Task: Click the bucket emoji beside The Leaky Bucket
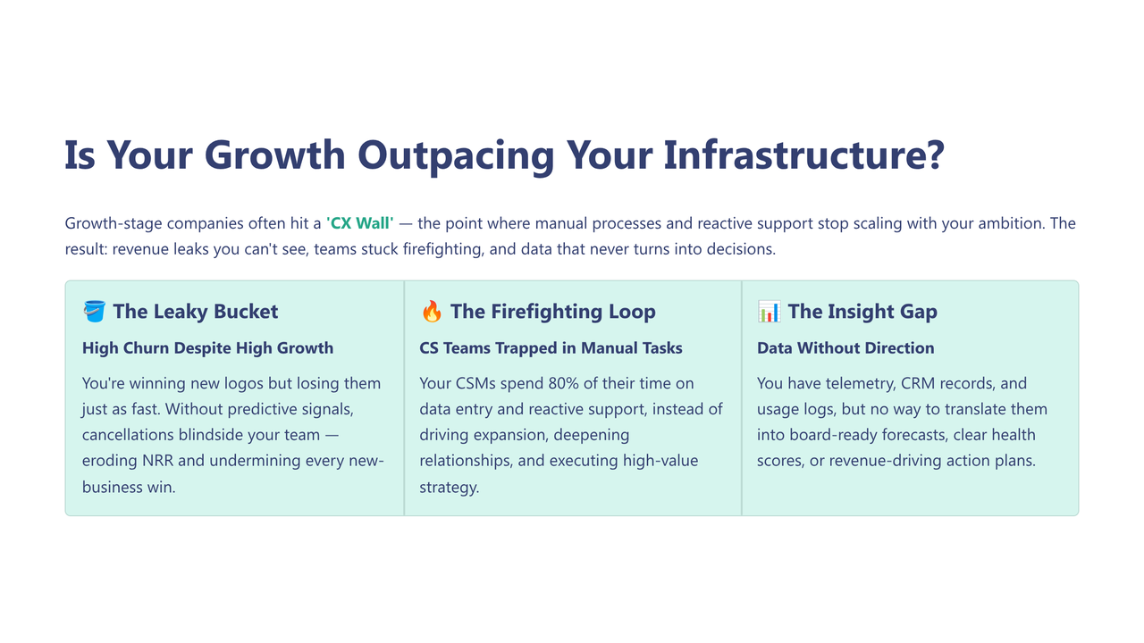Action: click(x=94, y=311)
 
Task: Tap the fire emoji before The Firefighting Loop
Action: click(x=431, y=311)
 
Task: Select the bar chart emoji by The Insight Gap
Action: click(x=769, y=311)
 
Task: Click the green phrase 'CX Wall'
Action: click(x=359, y=223)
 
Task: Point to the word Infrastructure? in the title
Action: click(x=803, y=155)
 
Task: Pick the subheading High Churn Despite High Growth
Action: click(x=207, y=348)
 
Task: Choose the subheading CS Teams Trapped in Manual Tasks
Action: click(x=551, y=348)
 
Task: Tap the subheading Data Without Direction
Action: click(x=845, y=348)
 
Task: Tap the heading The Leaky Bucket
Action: click(x=195, y=311)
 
